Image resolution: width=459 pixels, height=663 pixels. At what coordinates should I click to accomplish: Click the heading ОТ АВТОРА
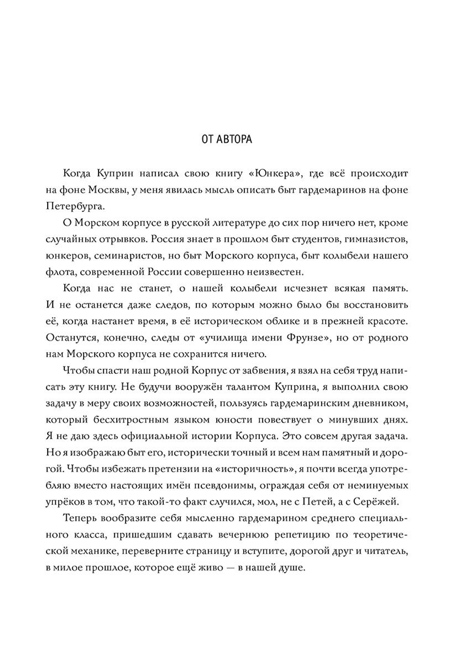tap(227, 139)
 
